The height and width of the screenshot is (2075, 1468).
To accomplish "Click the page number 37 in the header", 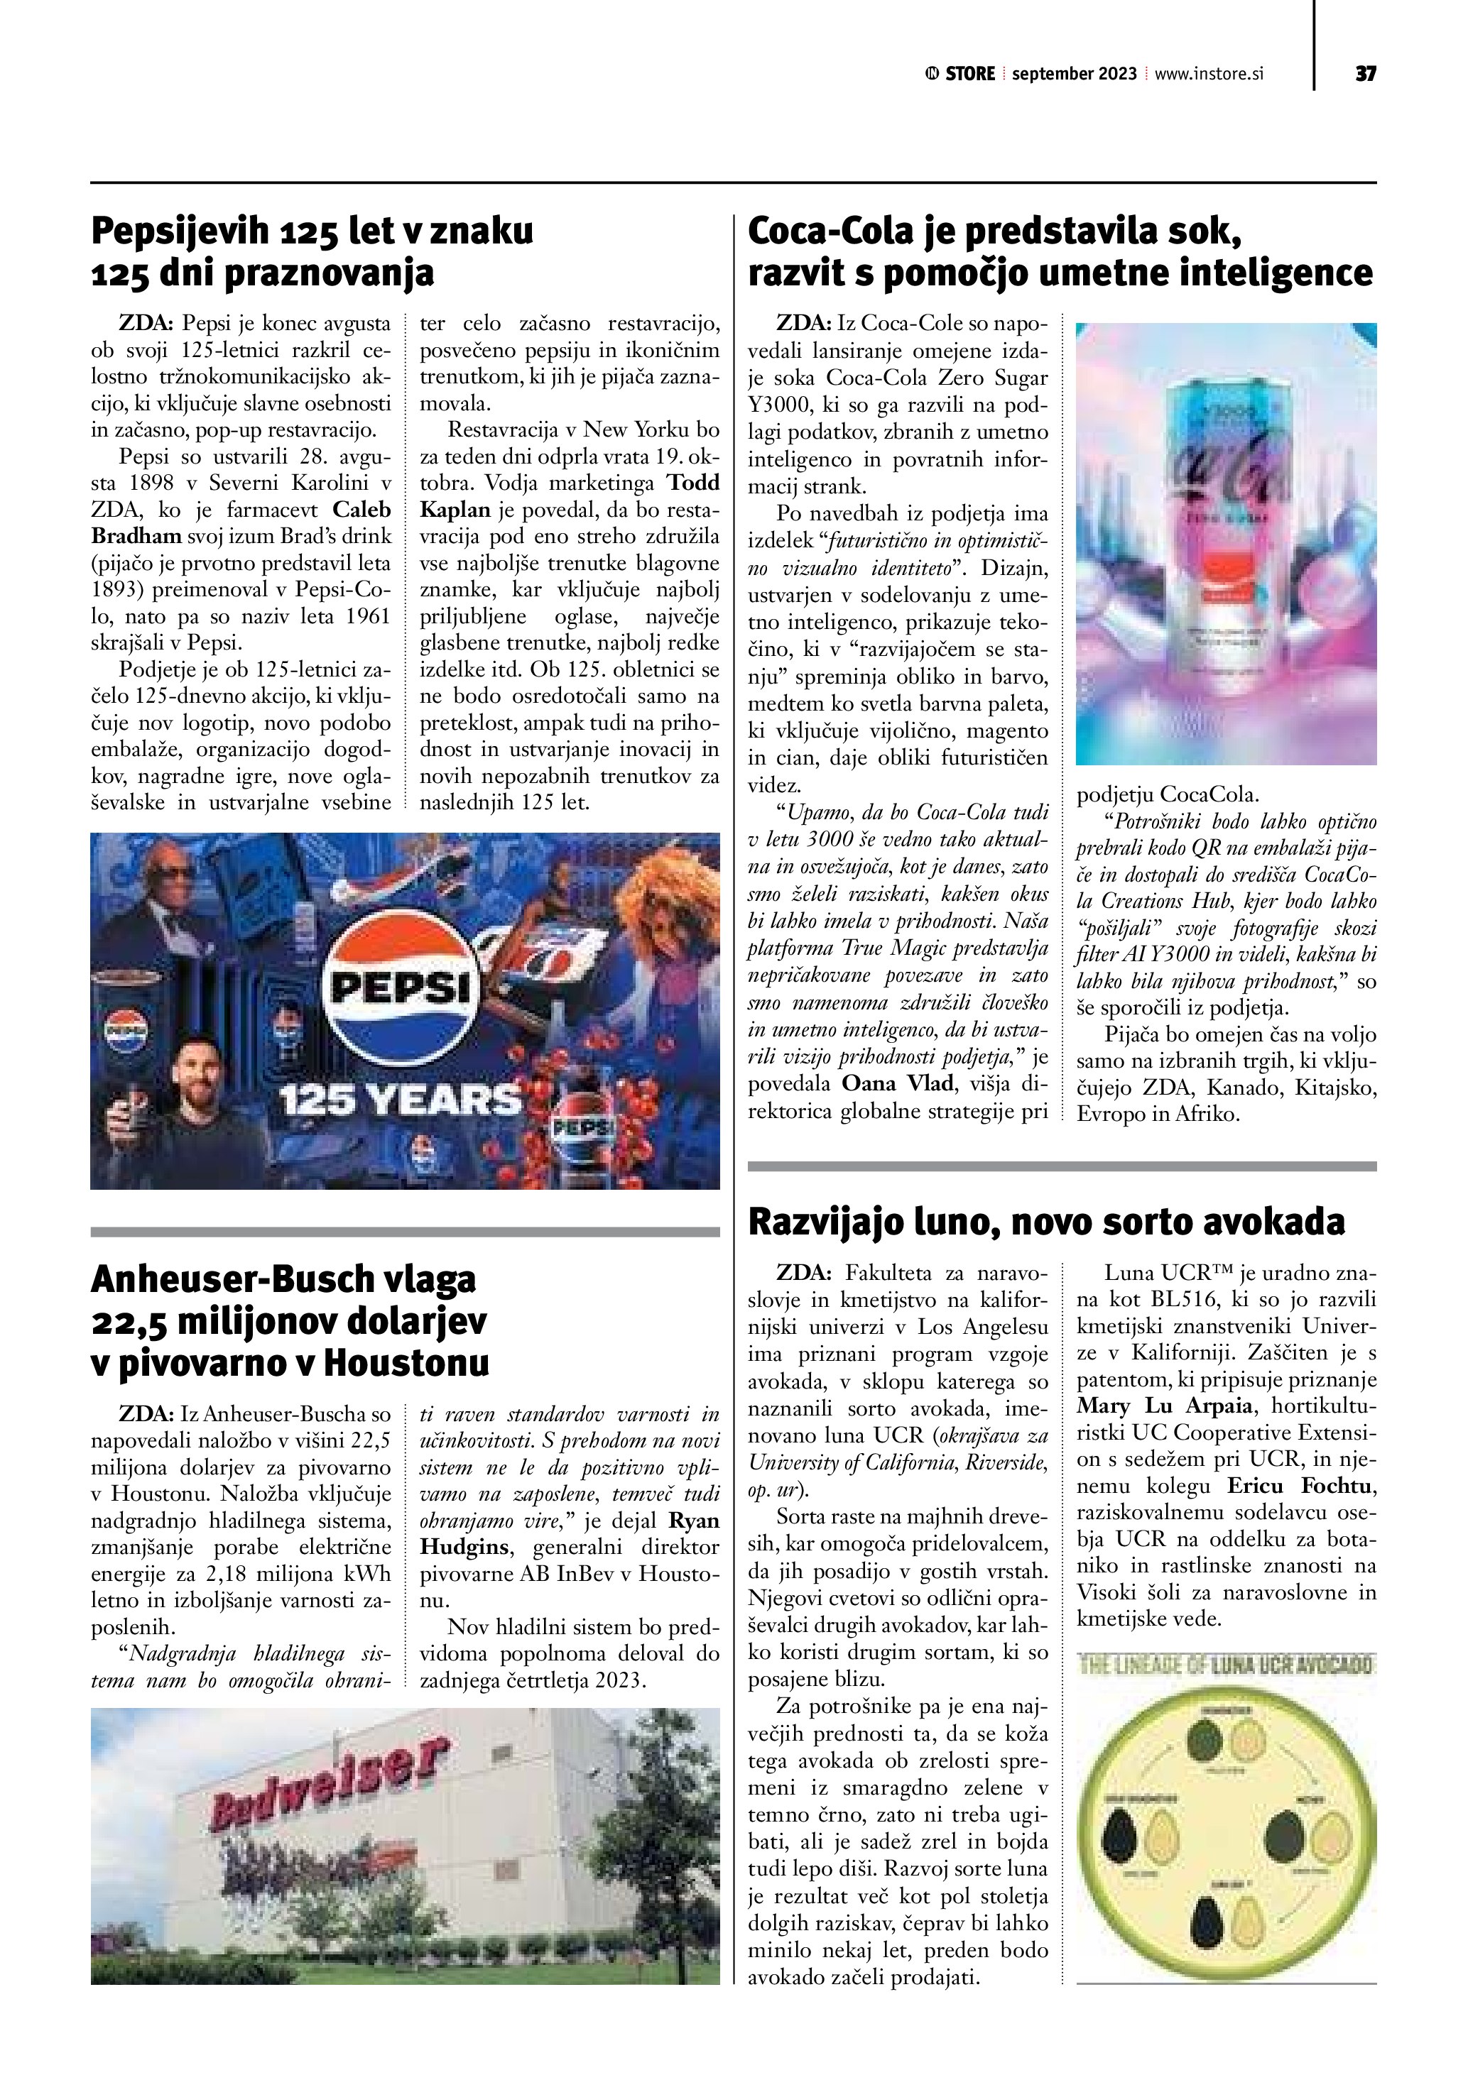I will tap(1365, 74).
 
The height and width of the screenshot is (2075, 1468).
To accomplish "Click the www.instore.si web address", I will tap(1209, 74).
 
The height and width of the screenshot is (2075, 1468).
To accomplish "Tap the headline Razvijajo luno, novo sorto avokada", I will tap(1046, 1222).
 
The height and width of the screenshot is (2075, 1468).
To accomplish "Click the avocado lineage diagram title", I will tap(1226, 1665).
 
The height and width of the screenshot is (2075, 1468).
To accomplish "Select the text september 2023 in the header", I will tap(1074, 74).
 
